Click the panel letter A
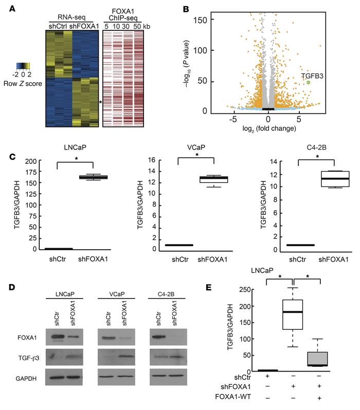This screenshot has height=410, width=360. pos(8,7)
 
